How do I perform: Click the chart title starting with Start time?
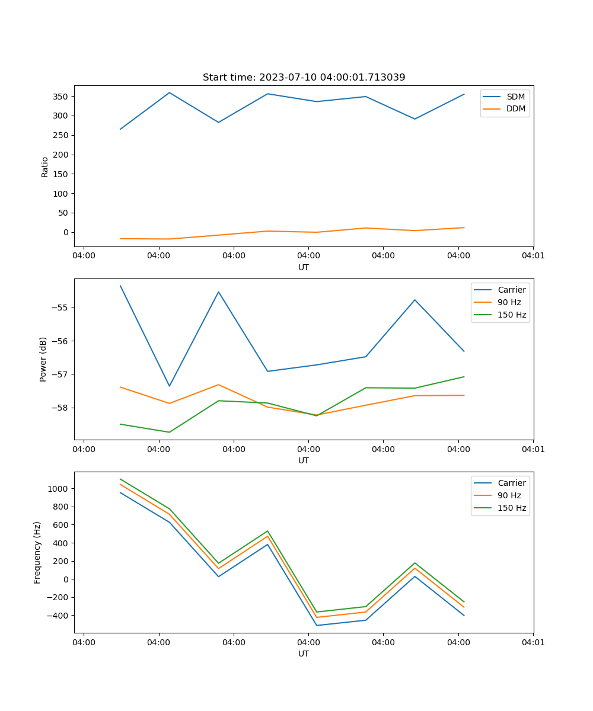[x=304, y=78]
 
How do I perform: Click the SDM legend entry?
[x=515, y=97]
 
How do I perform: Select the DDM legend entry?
[x=516, y=109]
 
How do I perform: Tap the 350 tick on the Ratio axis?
[x=62, y=97]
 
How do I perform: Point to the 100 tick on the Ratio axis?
[x=62, y=194]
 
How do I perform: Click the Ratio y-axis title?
[x=44, y=166]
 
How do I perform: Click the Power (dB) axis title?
[x=43, y=359]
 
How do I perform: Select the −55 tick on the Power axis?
[x=60, y=308]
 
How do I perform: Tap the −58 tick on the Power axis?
[x=60, y=408]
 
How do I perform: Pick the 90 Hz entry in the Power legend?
[x=509, y=302]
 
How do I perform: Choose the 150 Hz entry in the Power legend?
[x=512, y=315]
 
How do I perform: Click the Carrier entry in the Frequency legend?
[x=511, y=483]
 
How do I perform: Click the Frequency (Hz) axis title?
[x=37, y=552]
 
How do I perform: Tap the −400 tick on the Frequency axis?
[x=58, y=616]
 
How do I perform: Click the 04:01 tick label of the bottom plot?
[x=533, y=642]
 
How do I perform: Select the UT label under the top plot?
[x=304, y=267]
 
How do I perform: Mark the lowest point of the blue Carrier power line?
[x=169, y=386]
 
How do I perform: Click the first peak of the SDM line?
[x=169, y=92]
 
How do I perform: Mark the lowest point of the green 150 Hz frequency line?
[x=317, y=612]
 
